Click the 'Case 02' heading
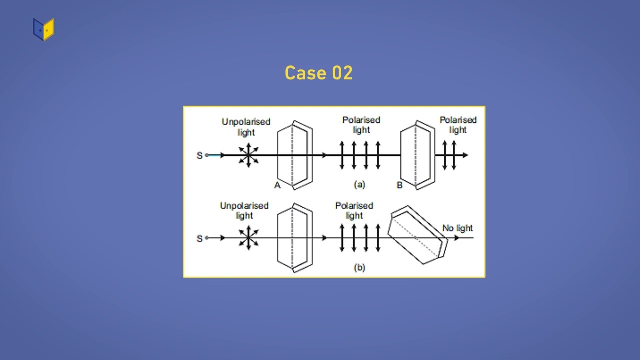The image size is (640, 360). [x=319, y=73]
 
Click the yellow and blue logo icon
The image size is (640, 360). [x=44, y=29]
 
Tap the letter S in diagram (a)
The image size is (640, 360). [x=200, y=155]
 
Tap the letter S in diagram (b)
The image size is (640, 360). [x=200, y=238]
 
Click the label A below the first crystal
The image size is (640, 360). [x=277, y=186]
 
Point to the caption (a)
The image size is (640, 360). [x=359, y=184]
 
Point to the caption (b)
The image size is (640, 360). [x=359, y=267]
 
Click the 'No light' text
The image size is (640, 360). [x=457, y=228]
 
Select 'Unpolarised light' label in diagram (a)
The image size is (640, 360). [x=246, y=127]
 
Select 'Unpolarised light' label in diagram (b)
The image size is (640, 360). [x=244, y=210]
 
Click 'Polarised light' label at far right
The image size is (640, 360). [x=458, y=125]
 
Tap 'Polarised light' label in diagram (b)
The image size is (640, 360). [x=354, y=210]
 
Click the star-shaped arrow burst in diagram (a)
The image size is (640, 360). [x=248, y=155]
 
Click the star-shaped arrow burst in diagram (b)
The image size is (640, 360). [x=248, y=238]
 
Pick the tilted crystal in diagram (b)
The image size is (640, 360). [x=417, y=235]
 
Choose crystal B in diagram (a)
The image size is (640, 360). [x=416, y=155]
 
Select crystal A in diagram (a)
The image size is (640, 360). [x=295, y=155]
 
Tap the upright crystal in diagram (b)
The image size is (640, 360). [x=295, y=238]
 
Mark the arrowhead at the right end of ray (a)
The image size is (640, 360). [x=465, y=155]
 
